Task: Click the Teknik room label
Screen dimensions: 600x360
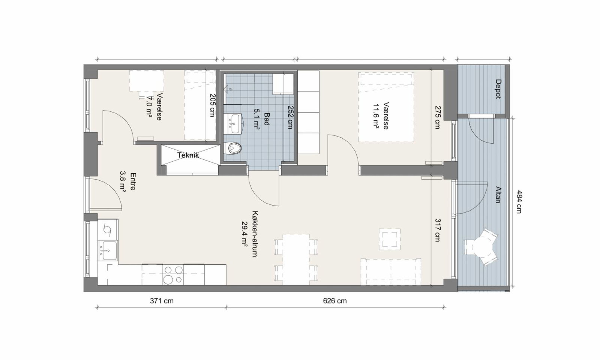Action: coord(188,155)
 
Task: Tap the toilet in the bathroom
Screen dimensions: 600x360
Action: coord(232,148)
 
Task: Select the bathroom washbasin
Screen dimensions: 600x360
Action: coord(233,124)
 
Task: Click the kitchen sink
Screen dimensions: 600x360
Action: coord(108,251)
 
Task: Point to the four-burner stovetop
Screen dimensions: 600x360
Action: coord(173,274)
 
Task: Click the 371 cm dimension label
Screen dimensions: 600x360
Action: coord(162,301)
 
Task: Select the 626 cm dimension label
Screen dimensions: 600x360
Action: coord(335,301)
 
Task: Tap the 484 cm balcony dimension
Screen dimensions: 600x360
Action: coord(519,202)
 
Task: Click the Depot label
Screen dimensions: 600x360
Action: coord(498,89)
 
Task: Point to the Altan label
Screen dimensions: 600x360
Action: coord(498,195)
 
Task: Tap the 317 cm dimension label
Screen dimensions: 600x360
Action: coord(437,230)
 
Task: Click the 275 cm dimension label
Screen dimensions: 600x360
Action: coord(437,117)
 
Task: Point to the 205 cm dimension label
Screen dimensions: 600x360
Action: coord(212,105)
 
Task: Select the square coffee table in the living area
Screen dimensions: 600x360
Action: coord(390,240)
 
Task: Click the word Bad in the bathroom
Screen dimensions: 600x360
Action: coord(267,118)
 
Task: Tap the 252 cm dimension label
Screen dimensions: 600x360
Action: coord(290,117)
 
